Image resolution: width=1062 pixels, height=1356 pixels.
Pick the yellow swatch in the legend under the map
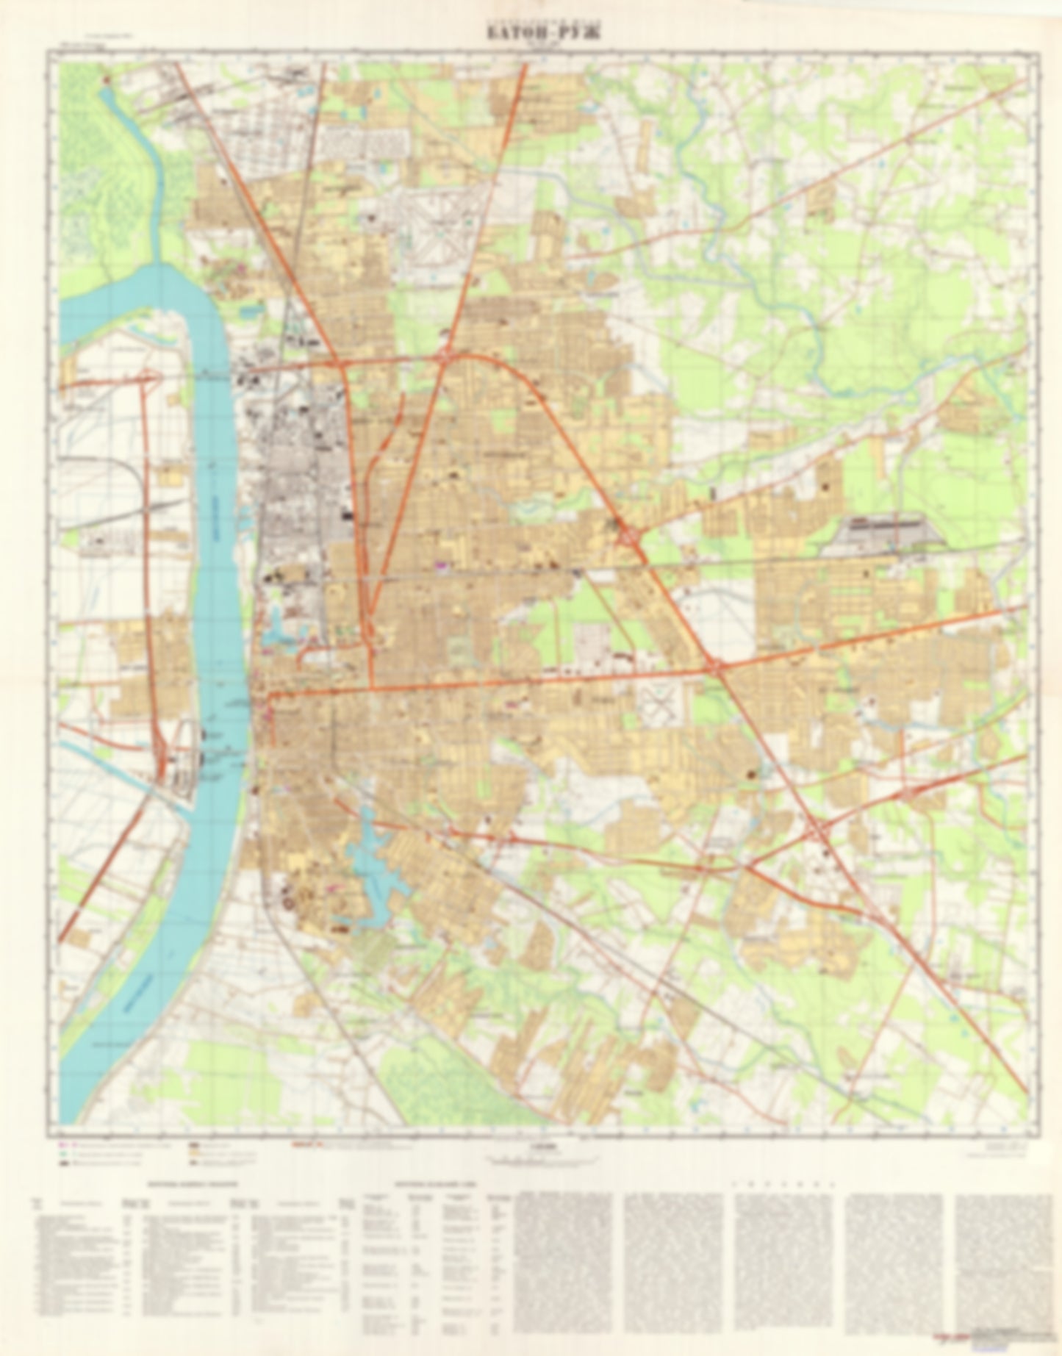[x=194, y=1155]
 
